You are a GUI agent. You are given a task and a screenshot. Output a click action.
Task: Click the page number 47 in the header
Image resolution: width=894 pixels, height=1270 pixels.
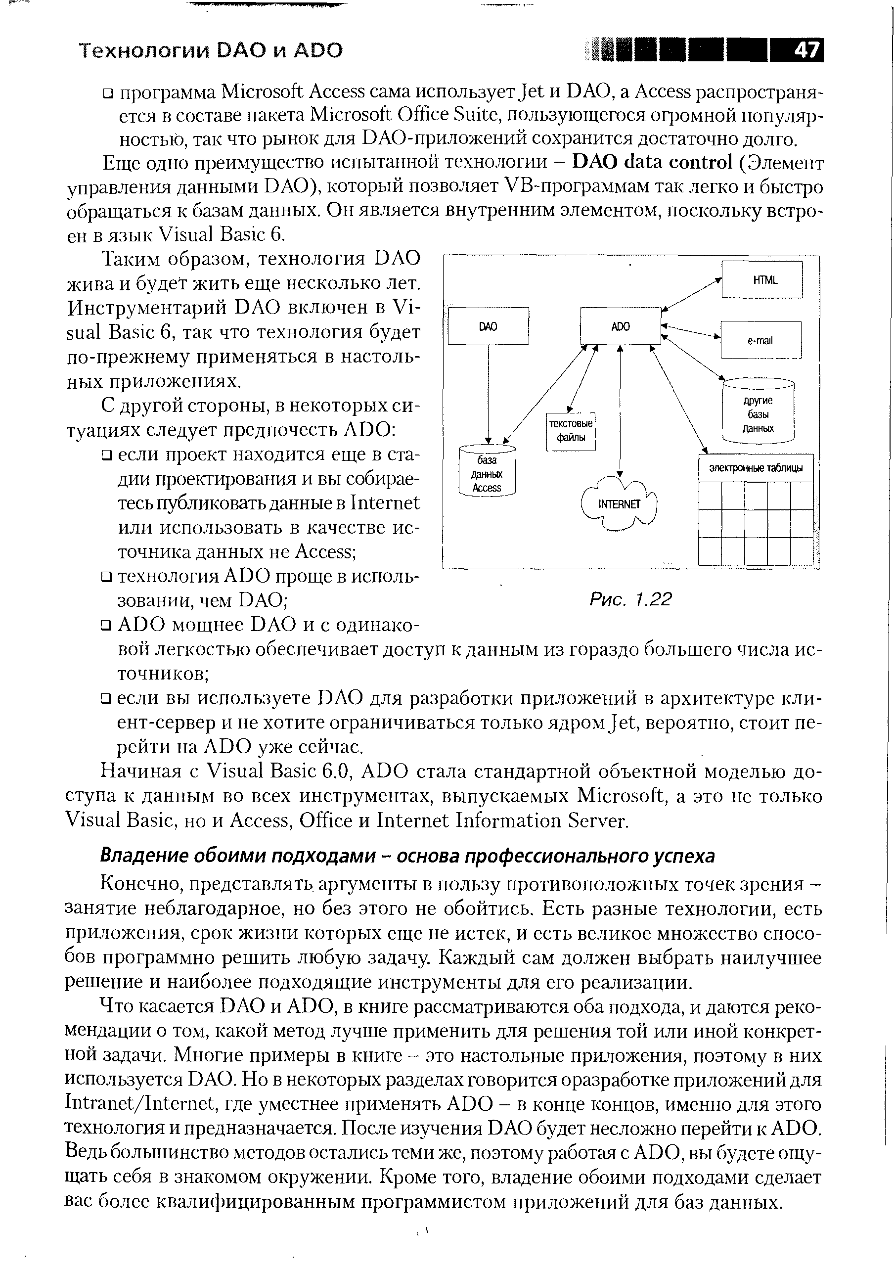tap(807, 51)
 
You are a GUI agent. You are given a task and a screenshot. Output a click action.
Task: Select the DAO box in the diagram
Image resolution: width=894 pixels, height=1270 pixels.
tap(488, 326)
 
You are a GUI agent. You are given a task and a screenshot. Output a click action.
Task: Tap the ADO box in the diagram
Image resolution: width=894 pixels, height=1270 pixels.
tap(620, 326)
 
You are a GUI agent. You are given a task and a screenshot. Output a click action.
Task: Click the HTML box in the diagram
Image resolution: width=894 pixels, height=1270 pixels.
tap(762, 280)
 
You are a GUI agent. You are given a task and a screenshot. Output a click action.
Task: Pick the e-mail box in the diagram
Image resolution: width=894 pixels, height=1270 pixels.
tap(760, 340)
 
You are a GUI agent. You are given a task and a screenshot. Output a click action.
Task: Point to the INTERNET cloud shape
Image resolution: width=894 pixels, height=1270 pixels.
tap(619, 504)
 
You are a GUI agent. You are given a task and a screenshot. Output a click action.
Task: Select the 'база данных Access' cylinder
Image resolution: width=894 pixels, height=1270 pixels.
tap(487, 473)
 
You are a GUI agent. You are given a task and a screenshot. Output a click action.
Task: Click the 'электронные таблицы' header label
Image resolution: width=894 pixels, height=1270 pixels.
tap(756, 468)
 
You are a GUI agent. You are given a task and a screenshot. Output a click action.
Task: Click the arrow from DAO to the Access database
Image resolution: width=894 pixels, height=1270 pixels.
tap(488, 393)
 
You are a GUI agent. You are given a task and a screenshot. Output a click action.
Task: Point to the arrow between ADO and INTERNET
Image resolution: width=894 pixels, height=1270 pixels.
tap(620, 409)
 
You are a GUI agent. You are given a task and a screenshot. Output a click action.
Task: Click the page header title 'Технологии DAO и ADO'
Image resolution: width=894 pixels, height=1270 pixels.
tap(210, 51)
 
